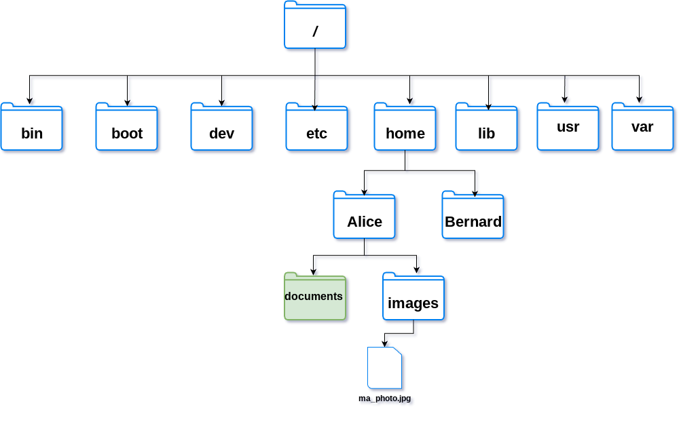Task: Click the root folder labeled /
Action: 315,24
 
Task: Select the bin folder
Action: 32,127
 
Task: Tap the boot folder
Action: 126,127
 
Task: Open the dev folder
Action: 221,127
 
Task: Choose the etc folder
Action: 316,127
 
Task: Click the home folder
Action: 405,127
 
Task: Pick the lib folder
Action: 486,127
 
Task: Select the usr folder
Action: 568,127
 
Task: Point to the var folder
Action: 642,127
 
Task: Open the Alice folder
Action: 365,215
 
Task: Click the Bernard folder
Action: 473,215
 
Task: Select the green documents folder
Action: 315,296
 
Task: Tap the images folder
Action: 413,296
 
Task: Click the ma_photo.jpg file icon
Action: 385,368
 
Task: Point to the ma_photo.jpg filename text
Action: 385,398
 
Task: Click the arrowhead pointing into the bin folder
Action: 29,100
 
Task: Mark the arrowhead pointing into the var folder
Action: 640,99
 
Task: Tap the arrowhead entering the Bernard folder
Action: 475,193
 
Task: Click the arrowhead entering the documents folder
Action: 313,272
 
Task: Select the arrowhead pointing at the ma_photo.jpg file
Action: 384,343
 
